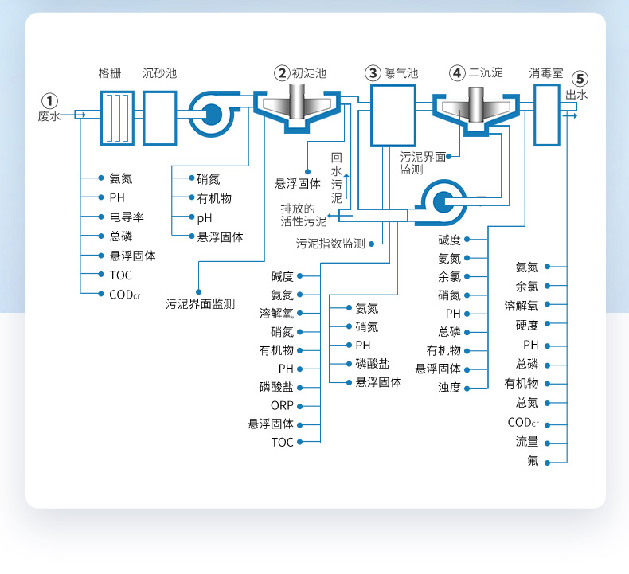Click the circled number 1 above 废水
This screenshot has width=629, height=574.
pyautogui.click(x=50, y=101)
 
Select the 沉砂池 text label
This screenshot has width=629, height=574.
pyautogui.click(x=159, y=73)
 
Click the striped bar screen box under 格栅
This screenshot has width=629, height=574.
pyautogui.click(x=117, y=117)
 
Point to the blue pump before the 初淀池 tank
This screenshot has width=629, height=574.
pyautogui.click(x=211, y=115)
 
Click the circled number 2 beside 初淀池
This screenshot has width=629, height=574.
pyautogui.click(x=283, y=73)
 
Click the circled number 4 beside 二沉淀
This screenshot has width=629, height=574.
pyautogui.click(x=456, y=73)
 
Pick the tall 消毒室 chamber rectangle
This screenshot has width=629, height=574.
pyautogui.click(x=546, y=115)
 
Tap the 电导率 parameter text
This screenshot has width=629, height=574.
pyautogui.click(x=126, y=217)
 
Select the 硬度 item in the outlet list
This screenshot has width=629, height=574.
pyautogui.click(x=527, y=326)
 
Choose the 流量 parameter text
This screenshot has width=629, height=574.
pyautogui.click(x=527, y=441)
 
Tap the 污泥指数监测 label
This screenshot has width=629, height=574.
pyautogui.click(x=330, y=244)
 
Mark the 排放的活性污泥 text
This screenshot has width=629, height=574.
pyautogui.click(x=303, y=214)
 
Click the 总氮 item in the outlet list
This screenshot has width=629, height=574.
pyautogui.click(x=527, y=403)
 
